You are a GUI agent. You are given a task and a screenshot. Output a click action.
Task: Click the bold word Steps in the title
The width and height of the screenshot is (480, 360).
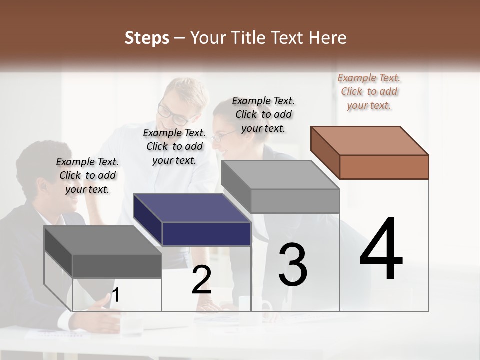[x=147, y=38]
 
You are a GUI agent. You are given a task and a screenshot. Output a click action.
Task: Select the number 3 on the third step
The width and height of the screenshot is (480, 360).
[x=292, y=265]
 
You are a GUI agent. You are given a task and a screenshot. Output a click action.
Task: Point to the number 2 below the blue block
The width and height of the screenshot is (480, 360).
[x=201, y=280]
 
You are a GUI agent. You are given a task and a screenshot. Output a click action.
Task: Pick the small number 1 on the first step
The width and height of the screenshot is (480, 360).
[x=115, y=295]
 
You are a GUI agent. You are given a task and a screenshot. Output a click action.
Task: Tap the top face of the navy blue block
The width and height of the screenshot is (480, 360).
[x=192, y=208]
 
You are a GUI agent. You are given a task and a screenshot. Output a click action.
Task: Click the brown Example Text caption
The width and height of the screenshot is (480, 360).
[x=369, y=91]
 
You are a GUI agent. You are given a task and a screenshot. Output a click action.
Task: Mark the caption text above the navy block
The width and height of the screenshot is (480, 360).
[x=174, y=146]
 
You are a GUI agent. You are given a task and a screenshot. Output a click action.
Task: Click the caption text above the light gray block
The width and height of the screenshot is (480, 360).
[x=263, y=114]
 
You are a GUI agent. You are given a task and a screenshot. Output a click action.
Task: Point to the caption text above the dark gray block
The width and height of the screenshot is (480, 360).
[x=87, y=175]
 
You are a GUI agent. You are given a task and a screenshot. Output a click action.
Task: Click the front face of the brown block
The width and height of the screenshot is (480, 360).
[x=384, y=167]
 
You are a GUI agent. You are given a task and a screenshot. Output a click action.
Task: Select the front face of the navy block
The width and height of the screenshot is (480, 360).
[x=206, y=234]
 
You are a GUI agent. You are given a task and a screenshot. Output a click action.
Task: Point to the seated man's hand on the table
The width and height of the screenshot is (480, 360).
[x=102, y=305]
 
